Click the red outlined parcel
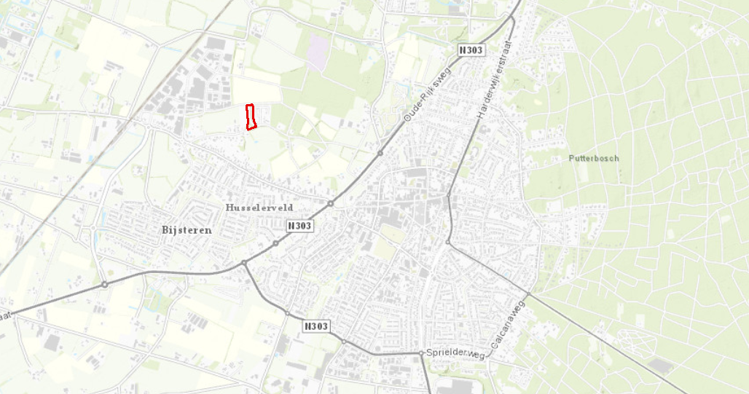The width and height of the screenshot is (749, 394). click(x=250, y=117)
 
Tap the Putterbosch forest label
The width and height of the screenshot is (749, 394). click(x=593, y=158)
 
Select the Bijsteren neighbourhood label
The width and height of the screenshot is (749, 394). click(x=187, y=230)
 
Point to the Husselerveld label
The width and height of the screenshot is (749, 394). click(x=259, y=208)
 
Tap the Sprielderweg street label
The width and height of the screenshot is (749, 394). click(x=456, y=354)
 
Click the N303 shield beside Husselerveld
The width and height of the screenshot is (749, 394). click(x=299, y=226)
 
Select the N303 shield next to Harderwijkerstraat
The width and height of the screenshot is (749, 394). click(x=470, y=50)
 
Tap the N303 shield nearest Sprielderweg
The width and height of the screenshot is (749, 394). click(x=316, y=326)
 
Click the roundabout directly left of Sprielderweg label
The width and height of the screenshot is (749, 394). click(x=421, y=353)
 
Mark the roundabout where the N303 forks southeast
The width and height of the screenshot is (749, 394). click(x=244, y=263)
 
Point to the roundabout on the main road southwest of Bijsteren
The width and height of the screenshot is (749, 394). click(x=105, y=284)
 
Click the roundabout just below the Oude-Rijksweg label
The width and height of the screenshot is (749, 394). click(x=380, y=153)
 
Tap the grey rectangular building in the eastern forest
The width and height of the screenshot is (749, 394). click(x=660, y=366)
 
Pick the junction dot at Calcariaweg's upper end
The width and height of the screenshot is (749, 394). click(x=450, y=243)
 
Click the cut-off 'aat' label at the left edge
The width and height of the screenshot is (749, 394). click(x=6, y=316)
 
